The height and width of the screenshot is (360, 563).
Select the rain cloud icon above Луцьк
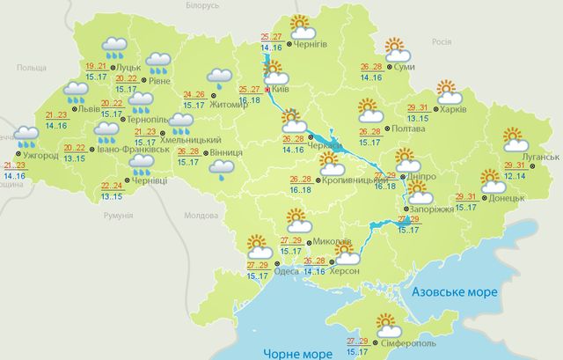114,46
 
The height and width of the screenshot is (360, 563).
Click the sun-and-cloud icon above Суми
398,48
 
